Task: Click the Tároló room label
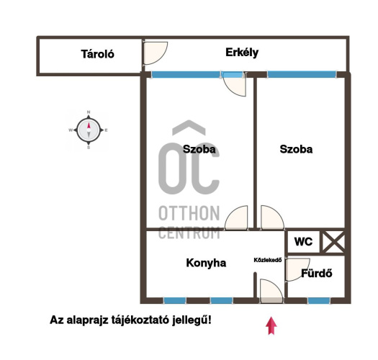97,54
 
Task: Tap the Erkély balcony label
242,53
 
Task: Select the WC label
303,242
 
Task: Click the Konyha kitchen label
206,263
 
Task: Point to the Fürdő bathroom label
317,273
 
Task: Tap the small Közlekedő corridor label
268,260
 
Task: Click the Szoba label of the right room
296,149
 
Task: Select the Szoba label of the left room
199,149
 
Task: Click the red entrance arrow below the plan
271,325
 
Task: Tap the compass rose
89,130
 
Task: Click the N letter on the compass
89,112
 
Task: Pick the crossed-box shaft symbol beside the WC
333,242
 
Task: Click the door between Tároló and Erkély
155,53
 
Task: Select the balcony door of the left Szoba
233,84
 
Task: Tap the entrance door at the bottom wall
271,291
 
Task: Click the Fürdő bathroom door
297,269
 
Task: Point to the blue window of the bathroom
319,300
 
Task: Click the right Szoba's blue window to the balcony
302,74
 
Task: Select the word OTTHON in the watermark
189,213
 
